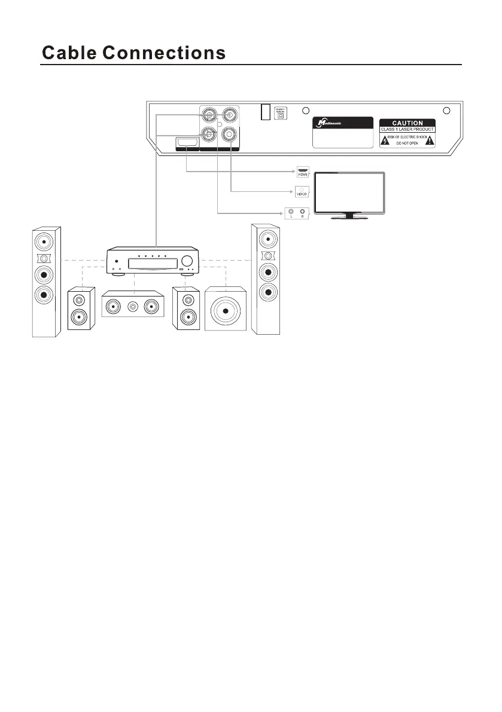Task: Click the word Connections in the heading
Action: (165, 53)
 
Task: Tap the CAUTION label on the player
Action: (407, 123)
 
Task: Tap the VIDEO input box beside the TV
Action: (302, 192)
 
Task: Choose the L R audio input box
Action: (297, 212)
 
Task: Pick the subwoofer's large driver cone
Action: (226, 310)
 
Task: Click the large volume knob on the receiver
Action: (189, 261)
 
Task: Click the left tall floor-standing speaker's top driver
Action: (45, 242)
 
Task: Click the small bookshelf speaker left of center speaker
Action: (81, 308)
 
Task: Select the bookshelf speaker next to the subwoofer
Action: (188, 308)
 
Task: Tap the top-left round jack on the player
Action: (209, 115)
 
